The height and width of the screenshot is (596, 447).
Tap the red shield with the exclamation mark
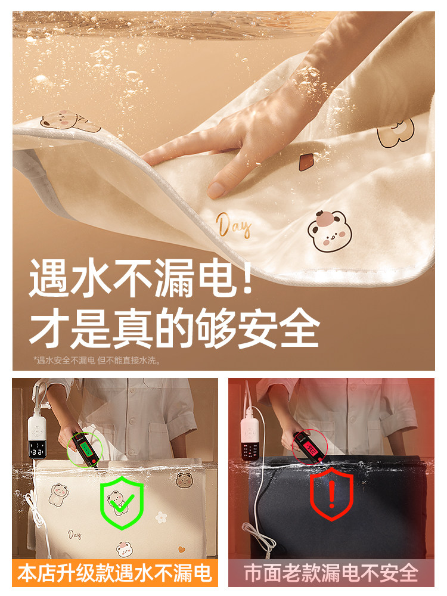click(331, 493)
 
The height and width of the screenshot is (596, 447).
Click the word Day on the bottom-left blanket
click(74, 535)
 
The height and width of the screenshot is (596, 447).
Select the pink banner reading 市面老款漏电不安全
click(331, 573)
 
